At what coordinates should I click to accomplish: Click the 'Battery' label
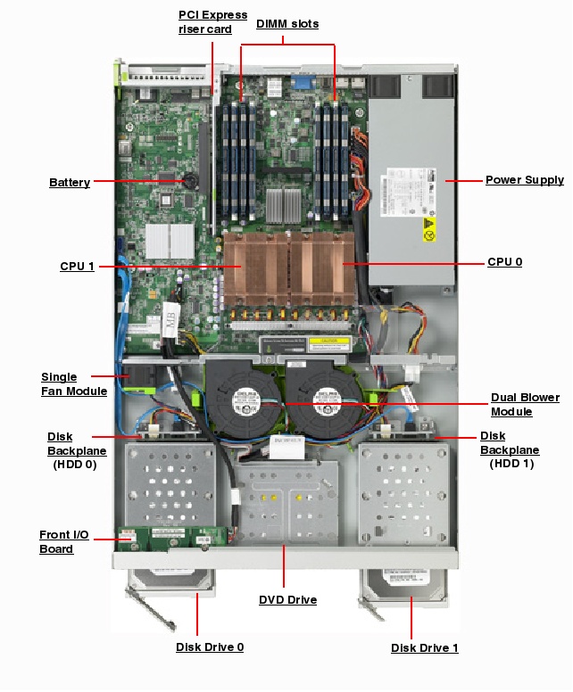coord(69,183)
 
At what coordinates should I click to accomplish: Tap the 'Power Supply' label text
coord(524,180)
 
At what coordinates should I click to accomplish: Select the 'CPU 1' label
coord(77,267)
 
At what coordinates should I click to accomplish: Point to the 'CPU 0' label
coord(504,262)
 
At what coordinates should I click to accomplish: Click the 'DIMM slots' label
coord(286,24)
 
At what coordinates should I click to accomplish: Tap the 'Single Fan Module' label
coord(73,384)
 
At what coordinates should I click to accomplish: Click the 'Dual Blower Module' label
coord(525,404)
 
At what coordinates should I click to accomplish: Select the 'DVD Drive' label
coord(287,600)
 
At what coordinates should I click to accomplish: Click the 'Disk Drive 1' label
coord(424,647)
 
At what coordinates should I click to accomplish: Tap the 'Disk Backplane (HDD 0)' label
coord(76,450)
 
